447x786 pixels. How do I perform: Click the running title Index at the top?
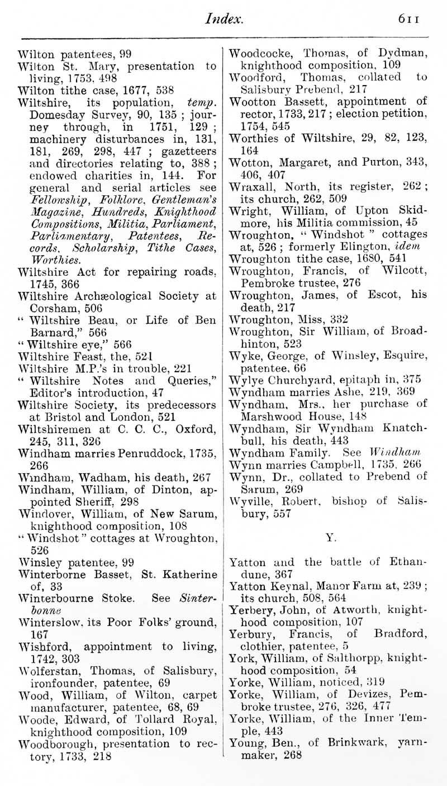(224, 20)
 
